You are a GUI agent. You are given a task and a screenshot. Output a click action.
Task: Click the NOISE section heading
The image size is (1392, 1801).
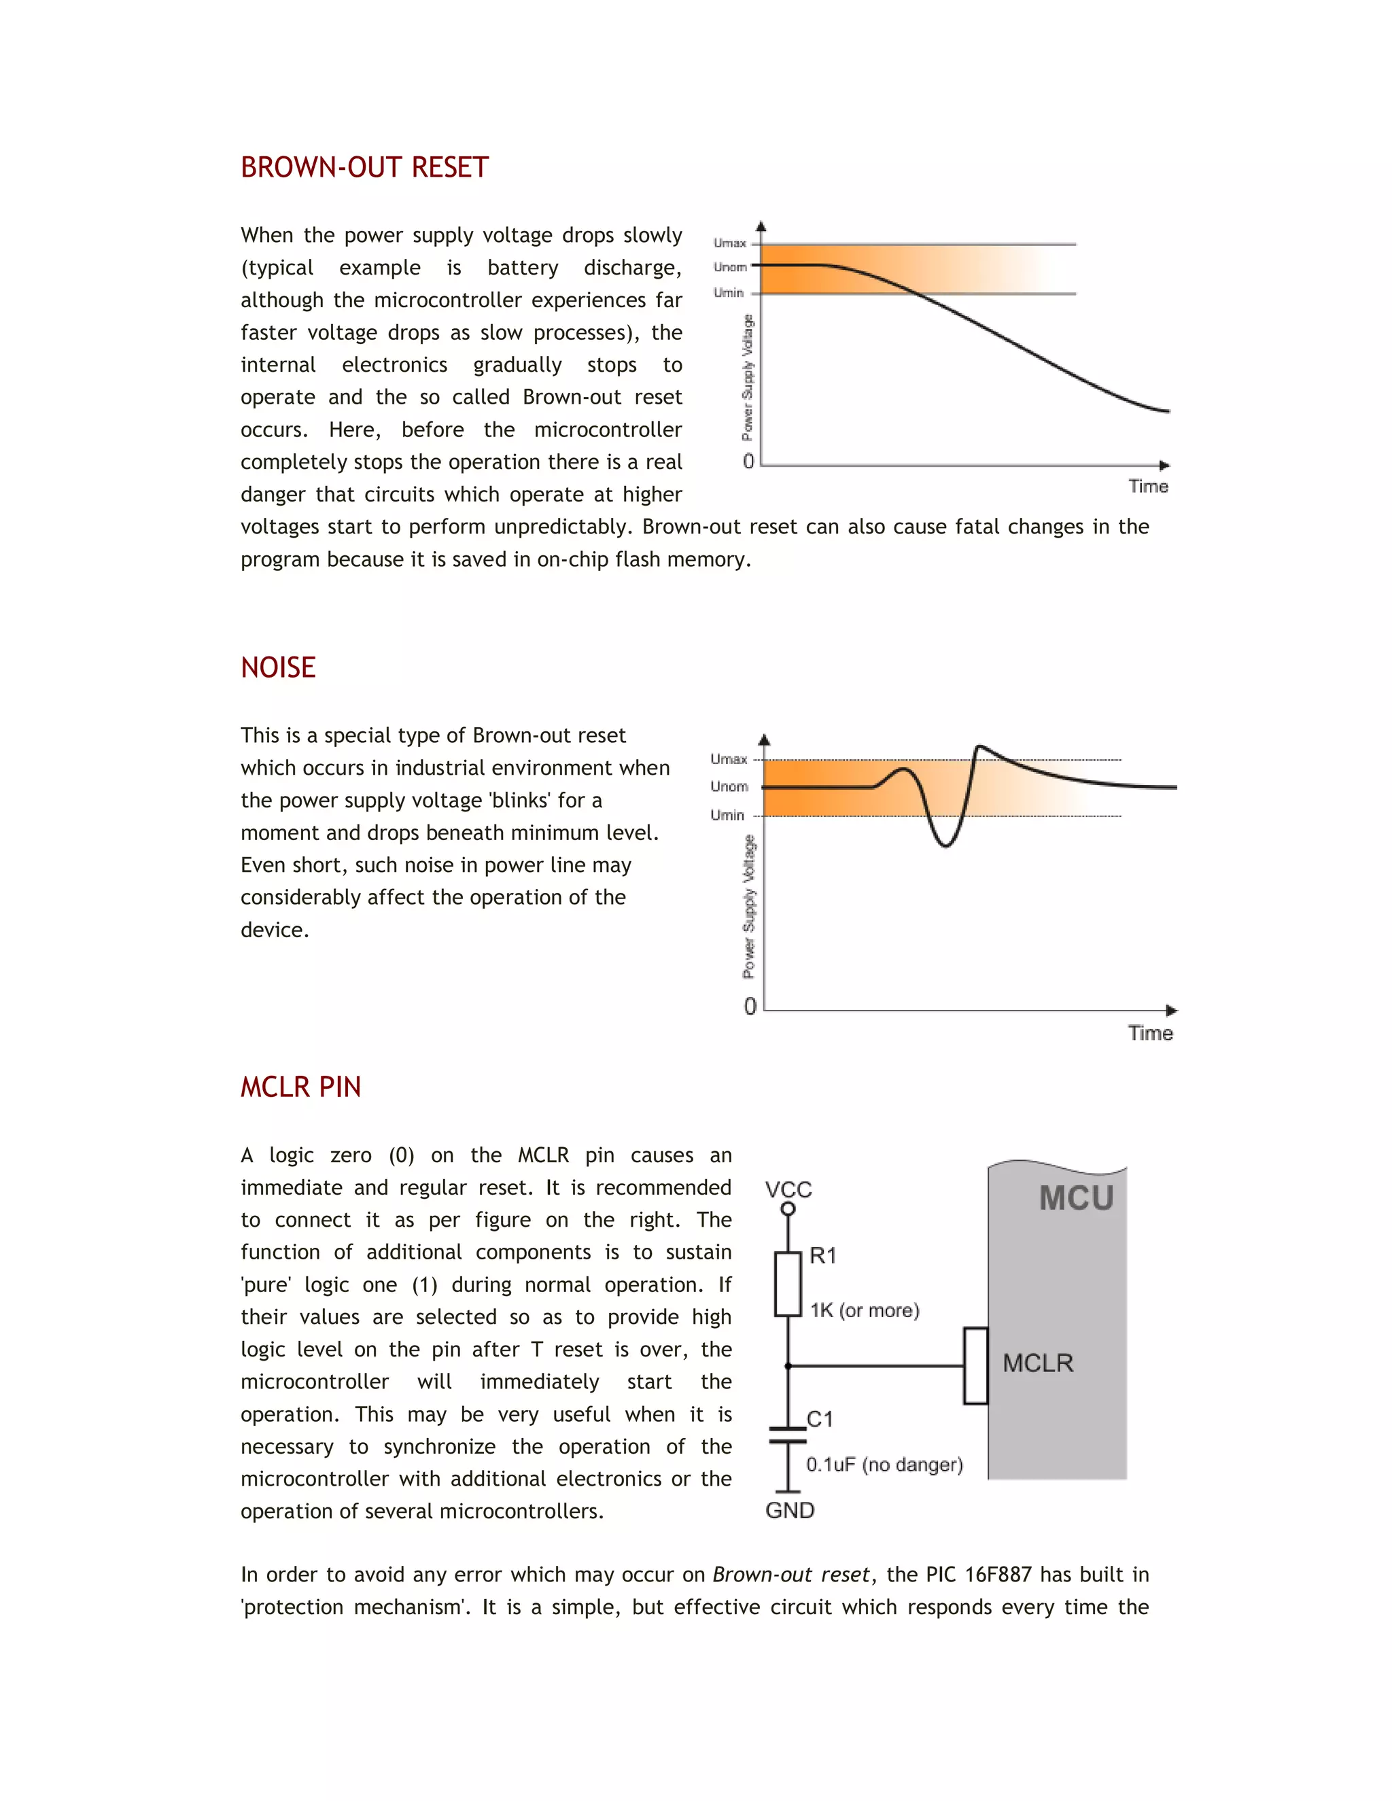(x=278, y=667)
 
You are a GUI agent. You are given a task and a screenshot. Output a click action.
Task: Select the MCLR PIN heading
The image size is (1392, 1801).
(x=300, y=1087)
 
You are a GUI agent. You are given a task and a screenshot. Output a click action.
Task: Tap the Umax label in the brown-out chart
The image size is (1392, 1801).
(x=730, y=243)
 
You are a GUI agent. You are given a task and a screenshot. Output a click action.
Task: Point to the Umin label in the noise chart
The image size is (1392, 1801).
(x=727, y=816)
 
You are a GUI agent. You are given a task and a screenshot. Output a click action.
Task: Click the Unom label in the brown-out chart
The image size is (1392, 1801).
(x=730, y=267)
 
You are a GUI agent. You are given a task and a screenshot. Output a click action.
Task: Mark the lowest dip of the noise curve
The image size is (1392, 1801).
(x=945, y=844)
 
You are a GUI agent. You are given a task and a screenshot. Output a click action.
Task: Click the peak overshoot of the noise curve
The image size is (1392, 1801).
(x=979, y=747)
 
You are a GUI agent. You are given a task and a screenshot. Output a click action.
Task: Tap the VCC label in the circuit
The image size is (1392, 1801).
(x=788, y=1189)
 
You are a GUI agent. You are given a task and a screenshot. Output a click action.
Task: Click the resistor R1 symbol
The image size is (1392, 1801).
(x=788, y=1284)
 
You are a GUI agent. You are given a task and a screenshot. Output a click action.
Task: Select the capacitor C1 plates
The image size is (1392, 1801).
(x=788, y=1435)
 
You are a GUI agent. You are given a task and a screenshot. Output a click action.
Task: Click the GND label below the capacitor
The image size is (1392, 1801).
(x=789, y=1510)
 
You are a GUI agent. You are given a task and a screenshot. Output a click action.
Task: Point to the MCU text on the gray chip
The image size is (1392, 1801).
(x=1076, y=1198)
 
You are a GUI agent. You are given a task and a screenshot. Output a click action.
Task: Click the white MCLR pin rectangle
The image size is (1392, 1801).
(x=975, y=1365)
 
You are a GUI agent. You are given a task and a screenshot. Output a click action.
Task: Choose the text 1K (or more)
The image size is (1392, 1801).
(x=865, y=1310)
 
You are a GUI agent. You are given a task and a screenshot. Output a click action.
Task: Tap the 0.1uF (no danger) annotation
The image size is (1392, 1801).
(x=884, y=1465)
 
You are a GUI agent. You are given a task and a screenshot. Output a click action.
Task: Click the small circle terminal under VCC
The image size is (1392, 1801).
(x=788, y=1209)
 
